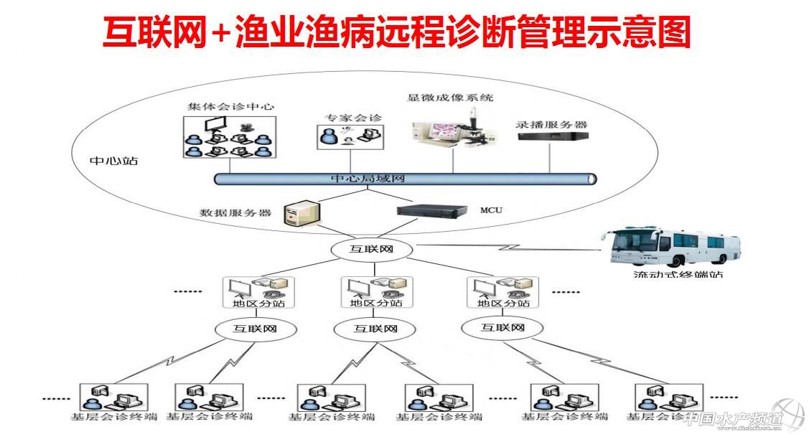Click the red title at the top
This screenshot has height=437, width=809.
[x=396, y=32]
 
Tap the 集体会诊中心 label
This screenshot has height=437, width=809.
[x=230, y=106]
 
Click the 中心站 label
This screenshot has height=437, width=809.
[x=113, y=161]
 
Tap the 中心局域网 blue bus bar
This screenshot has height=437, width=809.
[x=405, y=179]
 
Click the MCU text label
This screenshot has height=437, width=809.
[x=491, y=210]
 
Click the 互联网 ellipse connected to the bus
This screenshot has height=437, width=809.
[x=371, y=250]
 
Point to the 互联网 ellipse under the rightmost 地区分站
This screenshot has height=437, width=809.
[x=502, y=328]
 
